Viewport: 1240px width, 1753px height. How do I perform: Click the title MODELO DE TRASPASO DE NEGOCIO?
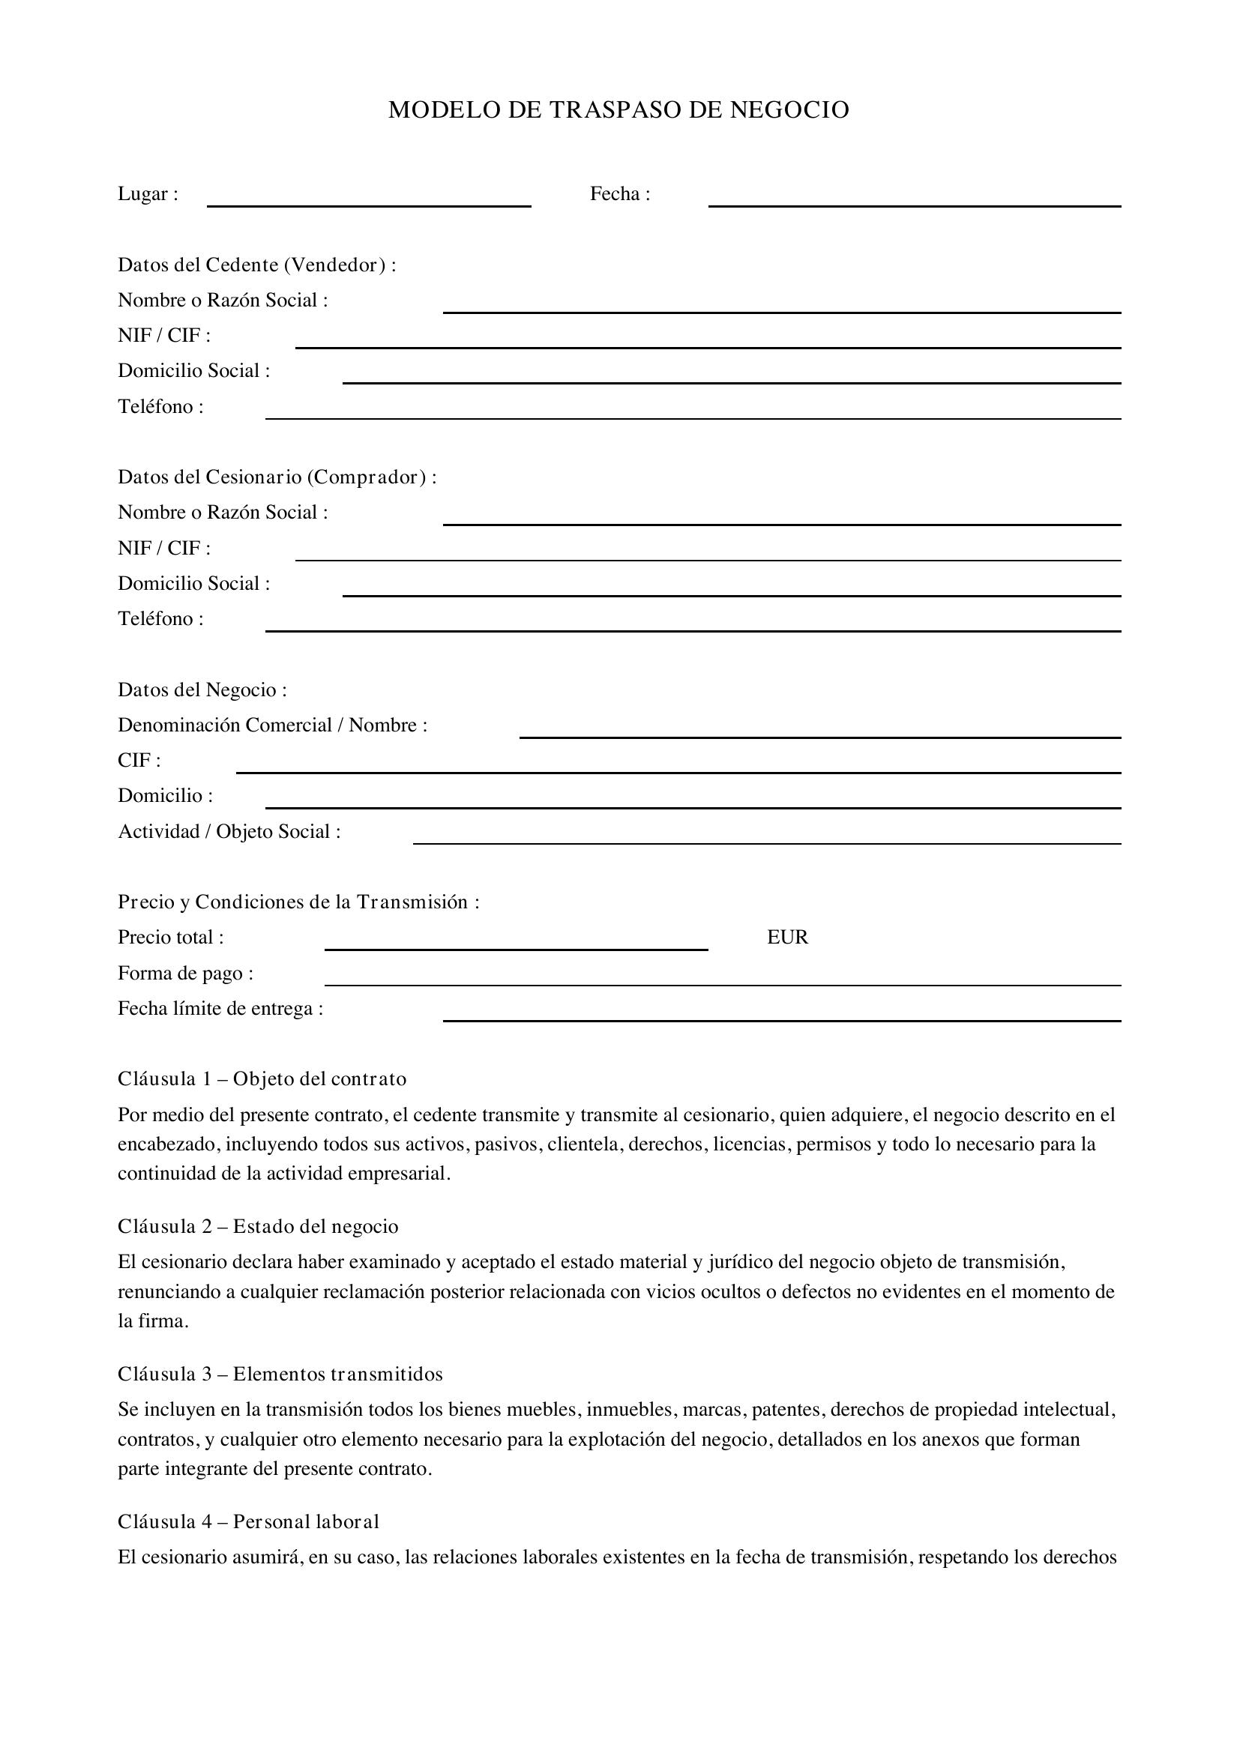coord(619,110)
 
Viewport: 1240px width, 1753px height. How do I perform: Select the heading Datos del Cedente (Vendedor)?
coord(256,265)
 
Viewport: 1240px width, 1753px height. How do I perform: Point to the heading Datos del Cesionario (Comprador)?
coord(277,477)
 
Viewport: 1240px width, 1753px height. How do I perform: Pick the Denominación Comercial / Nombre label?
coord(273,725)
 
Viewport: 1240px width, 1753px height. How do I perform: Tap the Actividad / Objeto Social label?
coord(229,831)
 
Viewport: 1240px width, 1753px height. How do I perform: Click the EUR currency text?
coord(787,938)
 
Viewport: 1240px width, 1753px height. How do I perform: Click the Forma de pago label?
coord(185,974)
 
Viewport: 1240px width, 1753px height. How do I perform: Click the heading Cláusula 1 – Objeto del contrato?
coord(262,1078)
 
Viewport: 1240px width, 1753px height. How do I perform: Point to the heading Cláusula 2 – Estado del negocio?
coord(258,1226)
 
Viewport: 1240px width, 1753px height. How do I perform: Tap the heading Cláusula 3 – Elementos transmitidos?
coord(280,1375)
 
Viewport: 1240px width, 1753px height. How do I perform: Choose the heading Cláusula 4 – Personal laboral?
coord(248,1521)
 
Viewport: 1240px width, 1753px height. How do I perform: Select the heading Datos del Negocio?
coord(202,690)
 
